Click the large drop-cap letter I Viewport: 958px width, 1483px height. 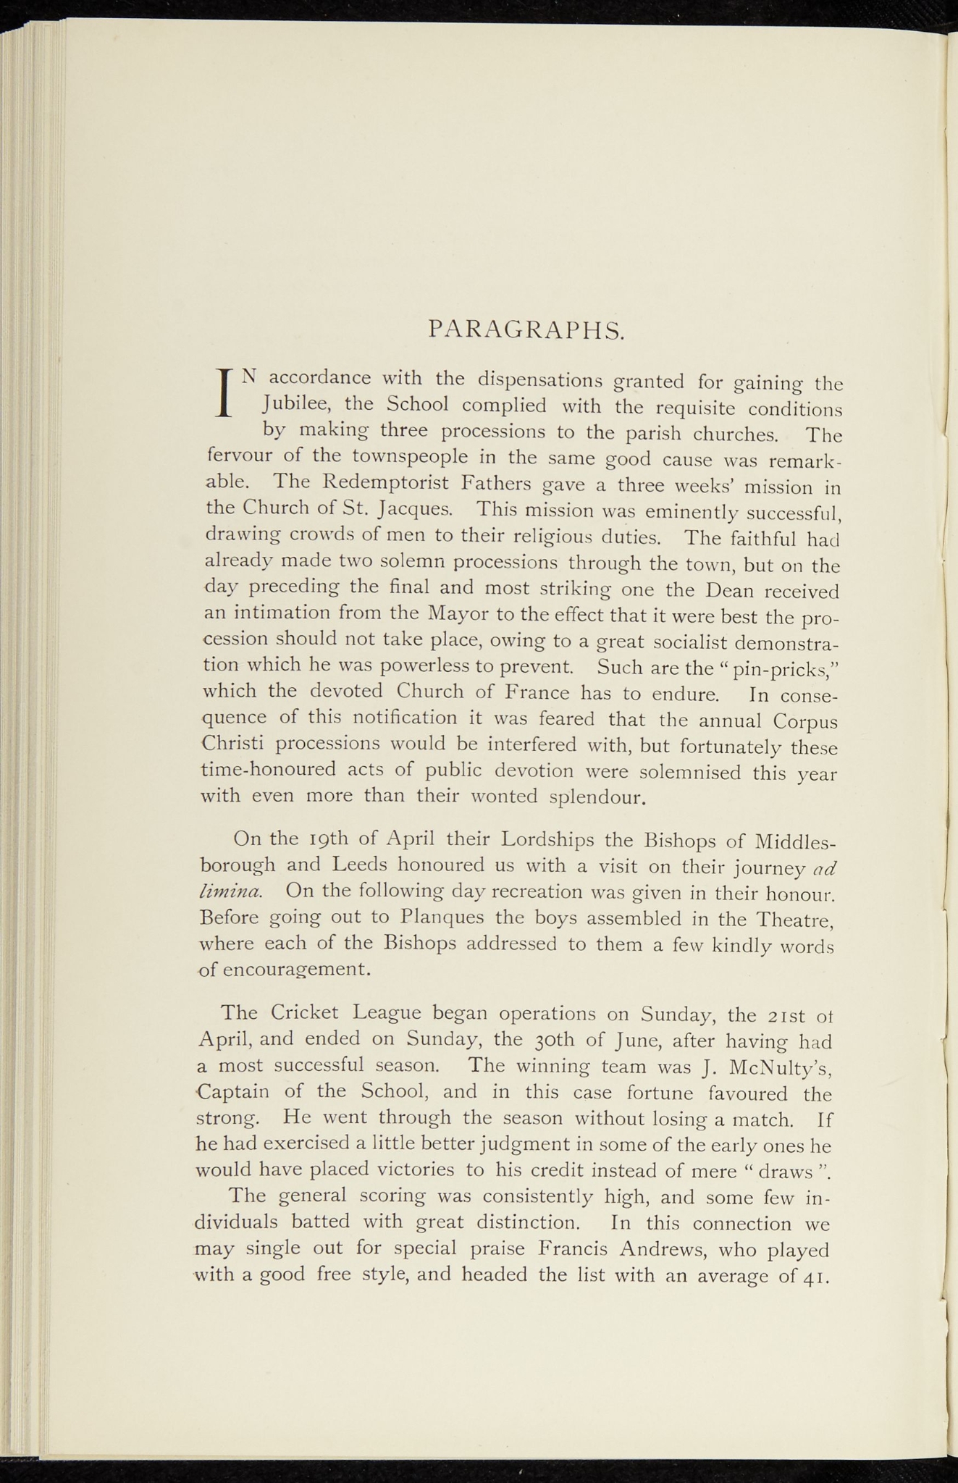pyautogui.click(x=224, y=392)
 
